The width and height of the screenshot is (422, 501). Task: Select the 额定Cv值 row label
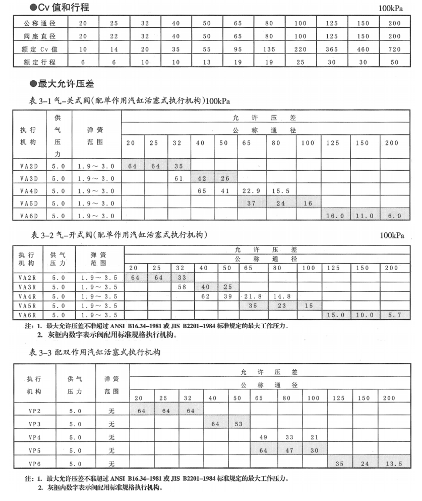pyautogui.click(x=40, y=49)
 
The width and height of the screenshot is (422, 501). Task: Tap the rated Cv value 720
pyautogui.click(x=395, y=49)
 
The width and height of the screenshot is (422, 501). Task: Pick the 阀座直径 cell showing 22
pyautogui.click(x=114, y=36)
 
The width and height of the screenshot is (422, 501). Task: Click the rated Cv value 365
pyautogui.click(x=332, y=49)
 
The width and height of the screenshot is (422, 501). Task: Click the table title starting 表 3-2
pyautogui.click(x=119, y=235)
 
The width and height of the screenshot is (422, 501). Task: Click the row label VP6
pyautogui.click(x=34, y=463)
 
